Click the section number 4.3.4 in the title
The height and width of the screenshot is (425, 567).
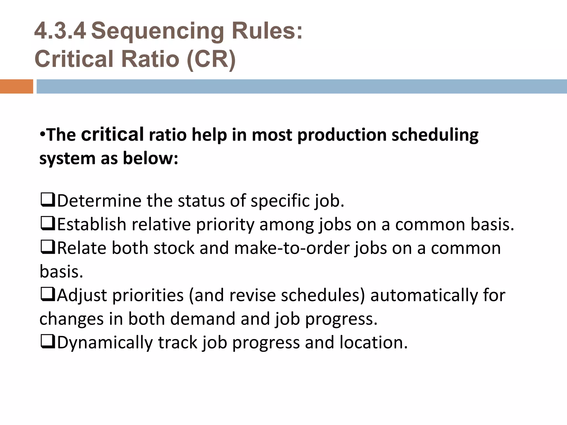click(x=60, y=31)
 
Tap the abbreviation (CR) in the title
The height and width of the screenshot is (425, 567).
click(x=211, y=59)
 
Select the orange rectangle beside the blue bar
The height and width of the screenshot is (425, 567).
click(x=16, y=86)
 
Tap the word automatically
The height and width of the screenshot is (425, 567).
click(x=424, y=295)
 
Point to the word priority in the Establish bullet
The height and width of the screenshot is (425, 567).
click(x=225, y=225)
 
